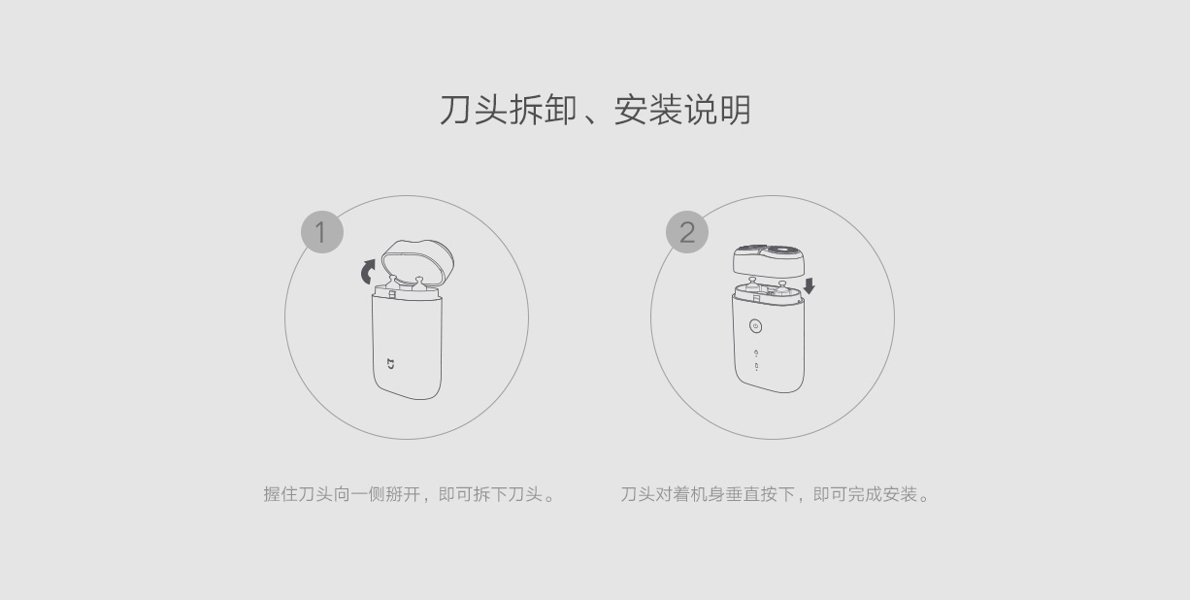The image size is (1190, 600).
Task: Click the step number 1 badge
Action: pyautogui.click(x=322, y=232)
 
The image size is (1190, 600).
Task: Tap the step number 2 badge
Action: pyautogui.click(x=687, y=232)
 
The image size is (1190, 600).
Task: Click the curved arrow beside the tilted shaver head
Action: pyautogui.click(x=368, y=272)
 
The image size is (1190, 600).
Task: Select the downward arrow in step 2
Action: pyautogui.click(x=809, y=285)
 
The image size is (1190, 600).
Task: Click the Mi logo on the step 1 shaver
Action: pyautogui.click(x=390, y=364)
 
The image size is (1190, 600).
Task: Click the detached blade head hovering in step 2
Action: pyautogui.click(x=768, y=260)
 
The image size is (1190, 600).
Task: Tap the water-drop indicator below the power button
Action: pyautogui.click(x=756, y=352)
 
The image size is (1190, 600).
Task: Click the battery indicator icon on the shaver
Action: pyautogui.click(x=756, y=366)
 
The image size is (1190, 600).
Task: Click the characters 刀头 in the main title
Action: pyautogui.click(x=474, y=111)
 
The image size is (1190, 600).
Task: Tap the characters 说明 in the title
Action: pyautogui.click(x=717, y=111)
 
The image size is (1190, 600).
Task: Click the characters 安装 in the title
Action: pyautogui.click(x=647, y=111)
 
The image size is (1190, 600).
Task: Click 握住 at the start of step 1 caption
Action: pyautogui.click(x=281, y=494)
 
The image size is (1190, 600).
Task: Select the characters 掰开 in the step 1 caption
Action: pyautogui.click(x=403, y=494)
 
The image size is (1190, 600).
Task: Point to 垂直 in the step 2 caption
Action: pyautogui.click(x=744, y=494)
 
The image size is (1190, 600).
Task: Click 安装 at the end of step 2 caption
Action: pyautogui.click(x=901, y=494)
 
